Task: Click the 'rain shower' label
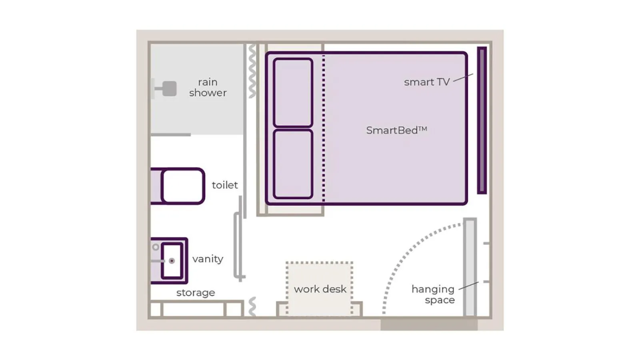[208, 87]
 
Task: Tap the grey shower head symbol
[169, 89]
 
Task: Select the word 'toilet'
[224, 185]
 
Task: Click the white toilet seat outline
[183, 186]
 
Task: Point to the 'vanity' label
[208, 259]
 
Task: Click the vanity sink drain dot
[172, 261]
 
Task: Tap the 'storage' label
[196, 292]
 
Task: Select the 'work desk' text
[320, 289]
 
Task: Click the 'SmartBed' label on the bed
[396, 130]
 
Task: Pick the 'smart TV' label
[426, 82]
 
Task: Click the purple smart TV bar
[482, 120]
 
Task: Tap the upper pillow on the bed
[293, 92]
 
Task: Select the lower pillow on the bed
[293, 164]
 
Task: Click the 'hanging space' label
[433, 294]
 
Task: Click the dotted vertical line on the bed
[324, 128]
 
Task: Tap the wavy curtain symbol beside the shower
[252, 71]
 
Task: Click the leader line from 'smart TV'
[463, 77]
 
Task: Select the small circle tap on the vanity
[156, 247]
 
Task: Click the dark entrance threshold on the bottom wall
[429, 324]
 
